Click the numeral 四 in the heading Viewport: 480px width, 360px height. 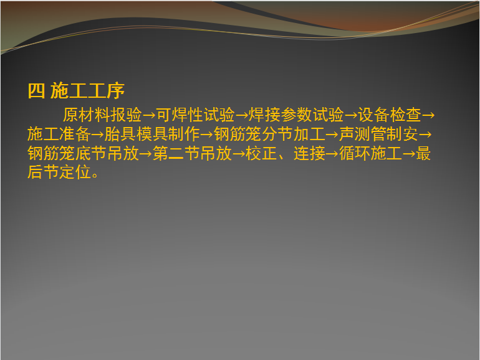pos(36,91)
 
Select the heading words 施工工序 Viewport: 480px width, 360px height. pos(87,91)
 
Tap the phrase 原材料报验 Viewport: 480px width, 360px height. pos(102,115)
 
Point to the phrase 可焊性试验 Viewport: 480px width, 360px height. pos(195,115)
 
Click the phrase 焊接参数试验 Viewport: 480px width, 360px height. pos(295,115)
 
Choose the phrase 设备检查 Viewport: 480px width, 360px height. pos(389,115)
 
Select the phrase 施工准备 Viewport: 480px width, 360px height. pos(59,135)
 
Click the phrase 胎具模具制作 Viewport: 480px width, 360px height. pos(152,135)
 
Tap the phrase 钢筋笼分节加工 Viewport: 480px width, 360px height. pos(269,135)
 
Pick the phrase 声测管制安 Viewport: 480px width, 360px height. pos(378,135)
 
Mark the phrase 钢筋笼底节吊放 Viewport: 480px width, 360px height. pos(83,153)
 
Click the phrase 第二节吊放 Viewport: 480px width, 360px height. pos(192,153)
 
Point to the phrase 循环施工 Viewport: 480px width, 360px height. pos(370,153)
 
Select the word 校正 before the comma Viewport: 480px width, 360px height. pos(261,153)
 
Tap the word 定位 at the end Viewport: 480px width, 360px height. pos(75,172)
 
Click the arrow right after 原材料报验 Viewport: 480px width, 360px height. pos(149,116)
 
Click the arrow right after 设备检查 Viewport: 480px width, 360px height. pos(428,116)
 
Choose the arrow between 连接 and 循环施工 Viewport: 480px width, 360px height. pos(332,154)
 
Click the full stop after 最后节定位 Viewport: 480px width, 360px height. pos(95,175)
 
